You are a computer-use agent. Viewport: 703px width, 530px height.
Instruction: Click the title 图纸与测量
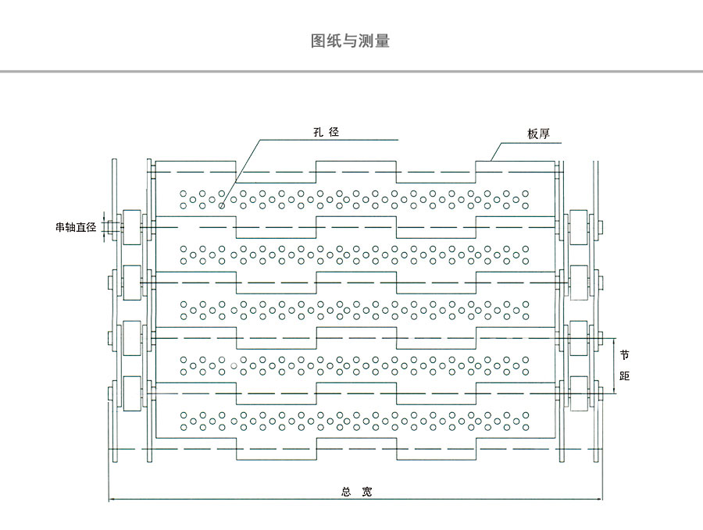pyautogui.click(x=350, y=41)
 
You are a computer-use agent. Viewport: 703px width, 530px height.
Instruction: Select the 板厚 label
pyautogui.click(x=538, y=134)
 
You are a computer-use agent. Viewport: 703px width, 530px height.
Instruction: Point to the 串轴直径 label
pyautogui.click(x=74, y=227)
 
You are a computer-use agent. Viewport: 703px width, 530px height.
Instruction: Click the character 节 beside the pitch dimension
pyautogui.click(x=624, y=354)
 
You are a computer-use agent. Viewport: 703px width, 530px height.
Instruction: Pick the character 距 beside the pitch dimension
pyautogui.click(x=624, y=375)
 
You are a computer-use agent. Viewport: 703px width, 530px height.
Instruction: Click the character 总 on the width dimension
pyautogui.click(x=346, y=492)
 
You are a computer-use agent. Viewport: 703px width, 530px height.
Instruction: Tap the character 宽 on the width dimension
pyautogui.click(x=367, y=492)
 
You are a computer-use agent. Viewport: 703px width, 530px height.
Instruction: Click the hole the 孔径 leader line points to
pyautogui.click(x=222, y=206)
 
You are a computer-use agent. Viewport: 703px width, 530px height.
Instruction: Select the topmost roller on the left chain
pyautogui.click(x=130, y=226)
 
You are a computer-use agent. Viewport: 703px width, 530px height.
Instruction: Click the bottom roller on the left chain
pyautogui.click(x=130, y=393)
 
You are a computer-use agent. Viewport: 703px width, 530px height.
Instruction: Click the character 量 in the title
pyautogui.click(x=382, y=41)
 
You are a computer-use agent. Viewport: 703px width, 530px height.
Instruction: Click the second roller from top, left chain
pyautogui.click(x=130, y=282)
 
